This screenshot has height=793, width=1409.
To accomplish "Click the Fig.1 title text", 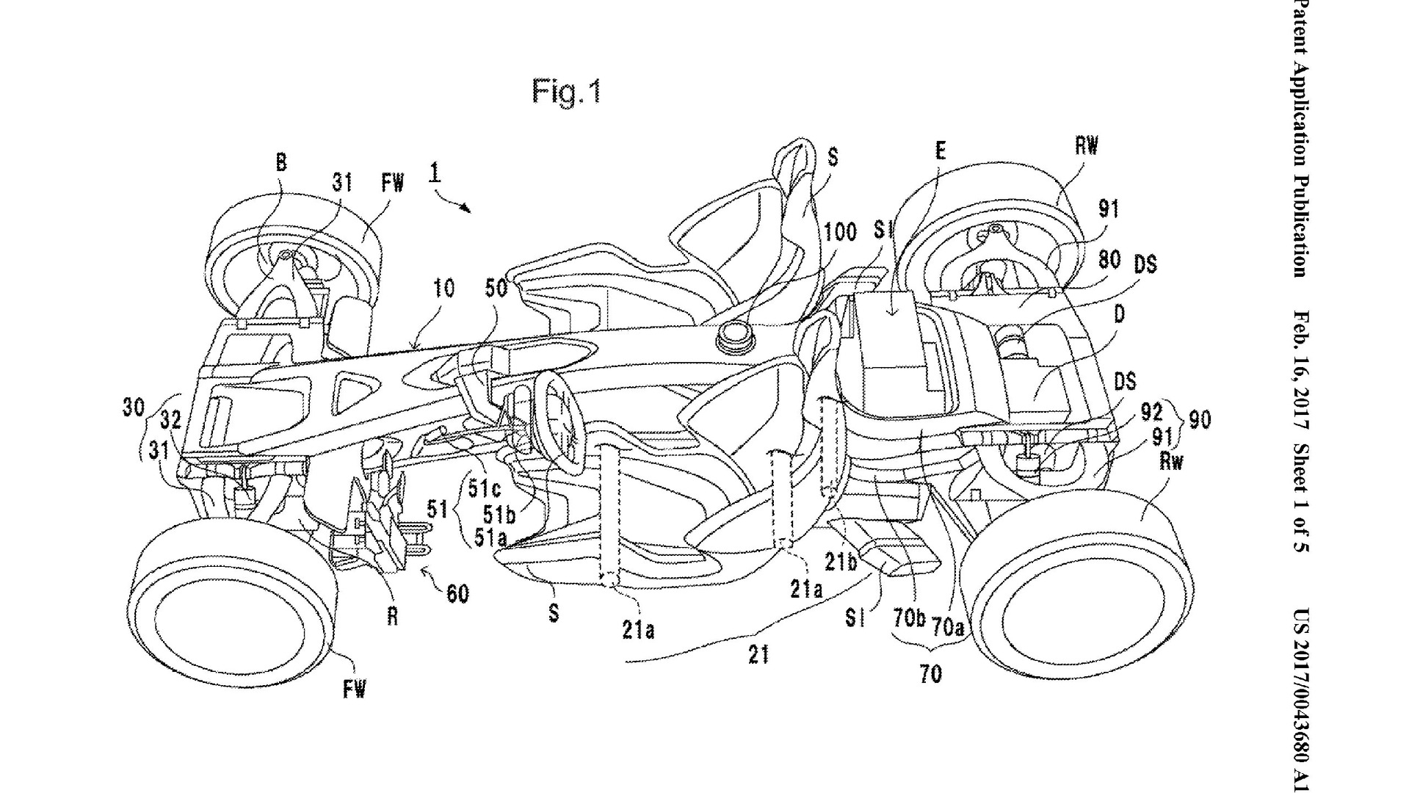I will coord(566,93).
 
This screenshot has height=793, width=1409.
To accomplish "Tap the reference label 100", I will coord(840,233).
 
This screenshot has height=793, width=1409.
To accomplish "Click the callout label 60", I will coord(457,593).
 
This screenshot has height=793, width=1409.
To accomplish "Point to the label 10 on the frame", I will coord(443,289).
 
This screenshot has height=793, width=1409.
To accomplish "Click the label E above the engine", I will coord(940,151).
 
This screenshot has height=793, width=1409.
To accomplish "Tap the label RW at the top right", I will coord(1087,146).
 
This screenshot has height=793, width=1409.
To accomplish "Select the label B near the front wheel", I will coord(282,163).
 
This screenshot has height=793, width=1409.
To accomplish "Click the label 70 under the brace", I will coord(930,674).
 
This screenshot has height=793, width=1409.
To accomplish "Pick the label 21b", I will coord(840,562).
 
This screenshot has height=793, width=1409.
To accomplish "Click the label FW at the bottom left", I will coord(354,689).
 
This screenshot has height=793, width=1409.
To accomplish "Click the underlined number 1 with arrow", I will coord(435,173).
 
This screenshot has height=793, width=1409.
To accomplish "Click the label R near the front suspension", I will coord(393,617).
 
